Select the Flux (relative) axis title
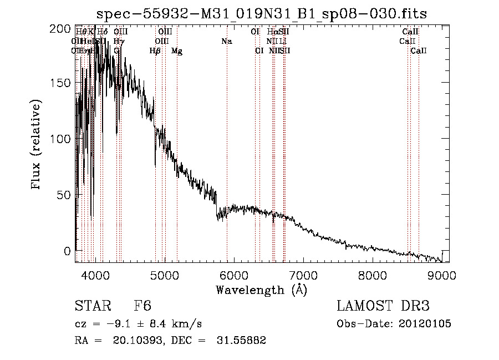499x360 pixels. pos(37,145)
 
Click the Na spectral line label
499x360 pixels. pos(226,42)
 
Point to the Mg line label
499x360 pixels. pos(177,51)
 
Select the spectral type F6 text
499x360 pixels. pos(142,306)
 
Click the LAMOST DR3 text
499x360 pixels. pos(383,306)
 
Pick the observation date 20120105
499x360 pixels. pos(425,324)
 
